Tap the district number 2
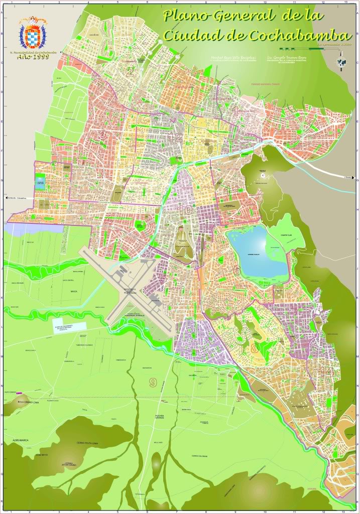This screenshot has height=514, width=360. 130,71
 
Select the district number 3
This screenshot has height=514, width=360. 103,134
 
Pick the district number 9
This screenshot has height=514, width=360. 153,382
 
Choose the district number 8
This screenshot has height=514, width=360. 254,348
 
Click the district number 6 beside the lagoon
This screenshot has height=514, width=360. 236,271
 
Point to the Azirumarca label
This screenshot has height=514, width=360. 17,441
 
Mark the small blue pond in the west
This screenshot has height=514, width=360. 41,181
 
